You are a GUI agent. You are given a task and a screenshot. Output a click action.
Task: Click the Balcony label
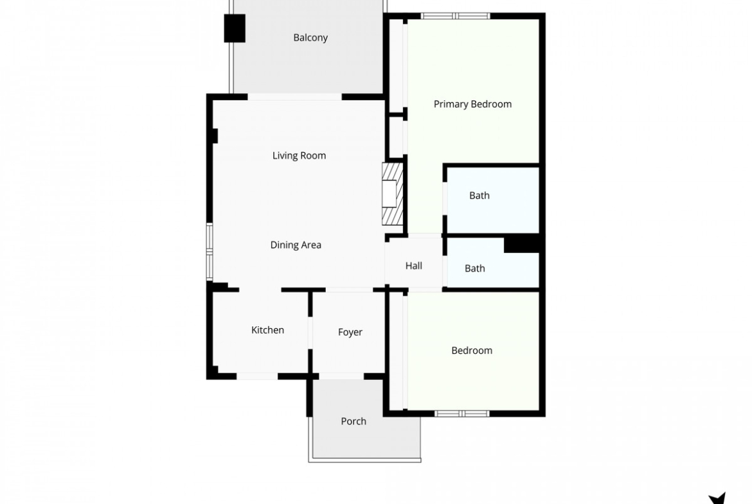(310, 37)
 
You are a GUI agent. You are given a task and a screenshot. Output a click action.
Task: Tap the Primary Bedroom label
(472, 104)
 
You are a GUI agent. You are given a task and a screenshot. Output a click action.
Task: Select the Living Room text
(299, 155)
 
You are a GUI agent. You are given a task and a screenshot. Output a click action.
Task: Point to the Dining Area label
(296, 245)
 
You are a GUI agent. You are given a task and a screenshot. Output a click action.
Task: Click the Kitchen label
(267, 329)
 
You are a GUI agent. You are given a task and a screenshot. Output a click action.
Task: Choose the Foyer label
(350, 332)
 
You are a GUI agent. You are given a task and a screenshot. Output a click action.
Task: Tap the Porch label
(354, 421)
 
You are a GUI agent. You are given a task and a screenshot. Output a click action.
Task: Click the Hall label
(413, 265)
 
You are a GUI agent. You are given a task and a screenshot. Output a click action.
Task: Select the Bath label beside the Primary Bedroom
(479, 195)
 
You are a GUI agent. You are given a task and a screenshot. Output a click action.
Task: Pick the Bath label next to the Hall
(475, 268)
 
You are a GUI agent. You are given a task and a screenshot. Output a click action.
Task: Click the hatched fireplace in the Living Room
(392, 193)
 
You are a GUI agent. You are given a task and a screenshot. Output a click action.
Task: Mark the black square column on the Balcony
(235, 28)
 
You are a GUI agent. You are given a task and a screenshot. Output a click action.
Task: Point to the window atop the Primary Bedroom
(456, 16)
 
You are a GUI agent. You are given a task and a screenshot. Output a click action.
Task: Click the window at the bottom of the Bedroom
(462, 413)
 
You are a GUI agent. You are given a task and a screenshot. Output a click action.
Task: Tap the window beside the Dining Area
(210, 252)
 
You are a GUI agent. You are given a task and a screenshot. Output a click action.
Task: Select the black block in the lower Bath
(521, 245)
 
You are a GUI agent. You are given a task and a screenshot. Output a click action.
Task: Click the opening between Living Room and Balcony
(294, 97)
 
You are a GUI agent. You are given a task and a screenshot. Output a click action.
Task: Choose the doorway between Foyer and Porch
(341, 377)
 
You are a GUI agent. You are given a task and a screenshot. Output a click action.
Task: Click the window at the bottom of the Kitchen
(257, 377)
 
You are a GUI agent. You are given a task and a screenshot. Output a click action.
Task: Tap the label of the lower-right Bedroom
(471, 350)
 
